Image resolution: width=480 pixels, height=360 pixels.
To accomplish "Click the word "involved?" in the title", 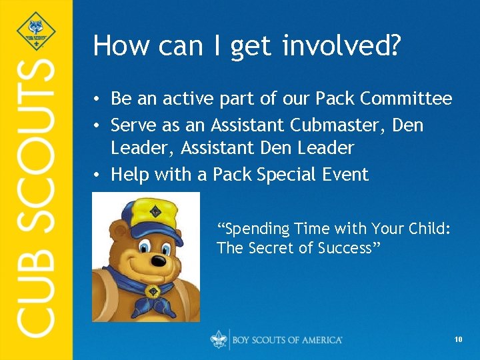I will point(341,46).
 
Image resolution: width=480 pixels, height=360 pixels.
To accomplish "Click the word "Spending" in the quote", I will point(254,229).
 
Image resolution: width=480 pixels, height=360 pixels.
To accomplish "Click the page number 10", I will point(458,340).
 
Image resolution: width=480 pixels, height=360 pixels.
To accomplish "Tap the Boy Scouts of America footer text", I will point(287,340).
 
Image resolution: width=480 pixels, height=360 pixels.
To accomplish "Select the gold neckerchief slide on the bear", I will point(152,292).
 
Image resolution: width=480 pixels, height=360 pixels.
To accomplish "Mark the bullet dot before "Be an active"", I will point(97,100).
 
